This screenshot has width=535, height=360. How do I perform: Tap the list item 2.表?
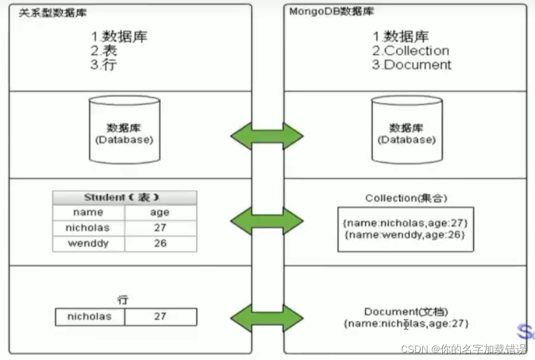tap(104, 51)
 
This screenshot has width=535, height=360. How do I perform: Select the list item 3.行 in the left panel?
tap(104, 65)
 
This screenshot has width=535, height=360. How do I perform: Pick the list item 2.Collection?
tap(411, 51)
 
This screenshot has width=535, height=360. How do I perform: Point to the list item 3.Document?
tap(411, 65)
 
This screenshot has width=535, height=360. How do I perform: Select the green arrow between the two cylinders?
tap(267, 136)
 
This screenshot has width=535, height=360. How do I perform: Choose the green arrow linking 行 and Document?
tap(267, 318)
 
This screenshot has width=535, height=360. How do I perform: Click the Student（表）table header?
tap(125, 198)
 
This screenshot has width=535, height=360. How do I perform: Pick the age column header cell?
tap(160, 212)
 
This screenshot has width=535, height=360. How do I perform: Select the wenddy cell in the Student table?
tap(88, 243)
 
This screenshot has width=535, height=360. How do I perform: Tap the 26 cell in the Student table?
tap(160, 243)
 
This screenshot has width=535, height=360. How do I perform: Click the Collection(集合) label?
tap(406, 198)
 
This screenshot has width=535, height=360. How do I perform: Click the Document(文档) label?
tap(406, 312)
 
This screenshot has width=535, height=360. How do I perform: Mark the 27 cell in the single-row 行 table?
tap(160, 316)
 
